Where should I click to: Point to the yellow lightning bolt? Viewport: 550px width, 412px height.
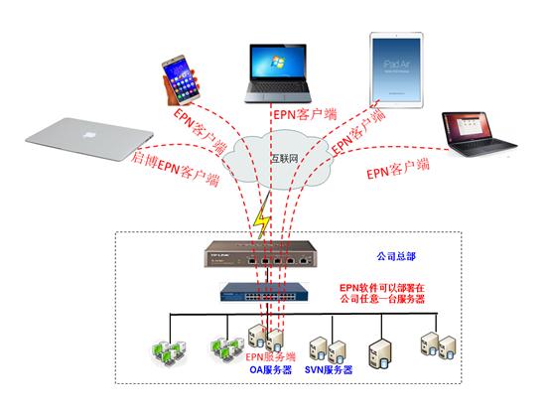click(x=262, y=220)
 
